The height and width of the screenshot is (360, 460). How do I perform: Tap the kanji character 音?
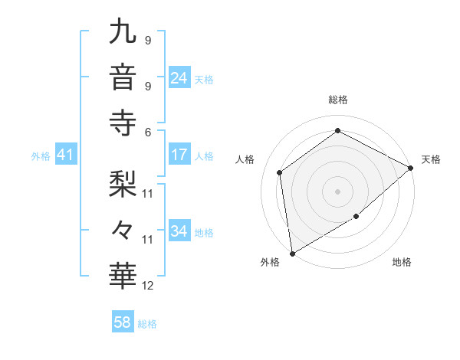coord(123,77)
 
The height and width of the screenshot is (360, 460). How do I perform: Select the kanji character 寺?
coord(123,121)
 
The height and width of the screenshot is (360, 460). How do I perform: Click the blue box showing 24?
coord(179,78)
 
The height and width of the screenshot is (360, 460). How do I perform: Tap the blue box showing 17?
coord(179,155)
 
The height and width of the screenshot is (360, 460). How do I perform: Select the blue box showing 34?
coord(179,231)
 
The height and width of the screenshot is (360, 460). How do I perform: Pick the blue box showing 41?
coord(65,155)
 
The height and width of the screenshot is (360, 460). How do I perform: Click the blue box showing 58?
coord(122,323)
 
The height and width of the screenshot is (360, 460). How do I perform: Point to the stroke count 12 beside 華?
coord(148,286)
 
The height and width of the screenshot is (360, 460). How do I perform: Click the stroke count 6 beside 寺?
coord(147,131)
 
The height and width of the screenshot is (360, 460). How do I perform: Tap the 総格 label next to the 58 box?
coord(147,324)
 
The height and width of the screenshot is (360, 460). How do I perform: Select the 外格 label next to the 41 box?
coord(41,156)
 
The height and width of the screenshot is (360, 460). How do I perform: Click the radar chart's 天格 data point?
coord(411,168)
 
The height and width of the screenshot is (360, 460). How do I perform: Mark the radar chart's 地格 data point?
coord(356,217)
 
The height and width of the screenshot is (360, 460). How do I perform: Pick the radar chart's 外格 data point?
coord(292,254)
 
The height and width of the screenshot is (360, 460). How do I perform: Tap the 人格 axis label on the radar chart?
coord(245,159)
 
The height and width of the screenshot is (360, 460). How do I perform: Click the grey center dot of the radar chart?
coord(337,191)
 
